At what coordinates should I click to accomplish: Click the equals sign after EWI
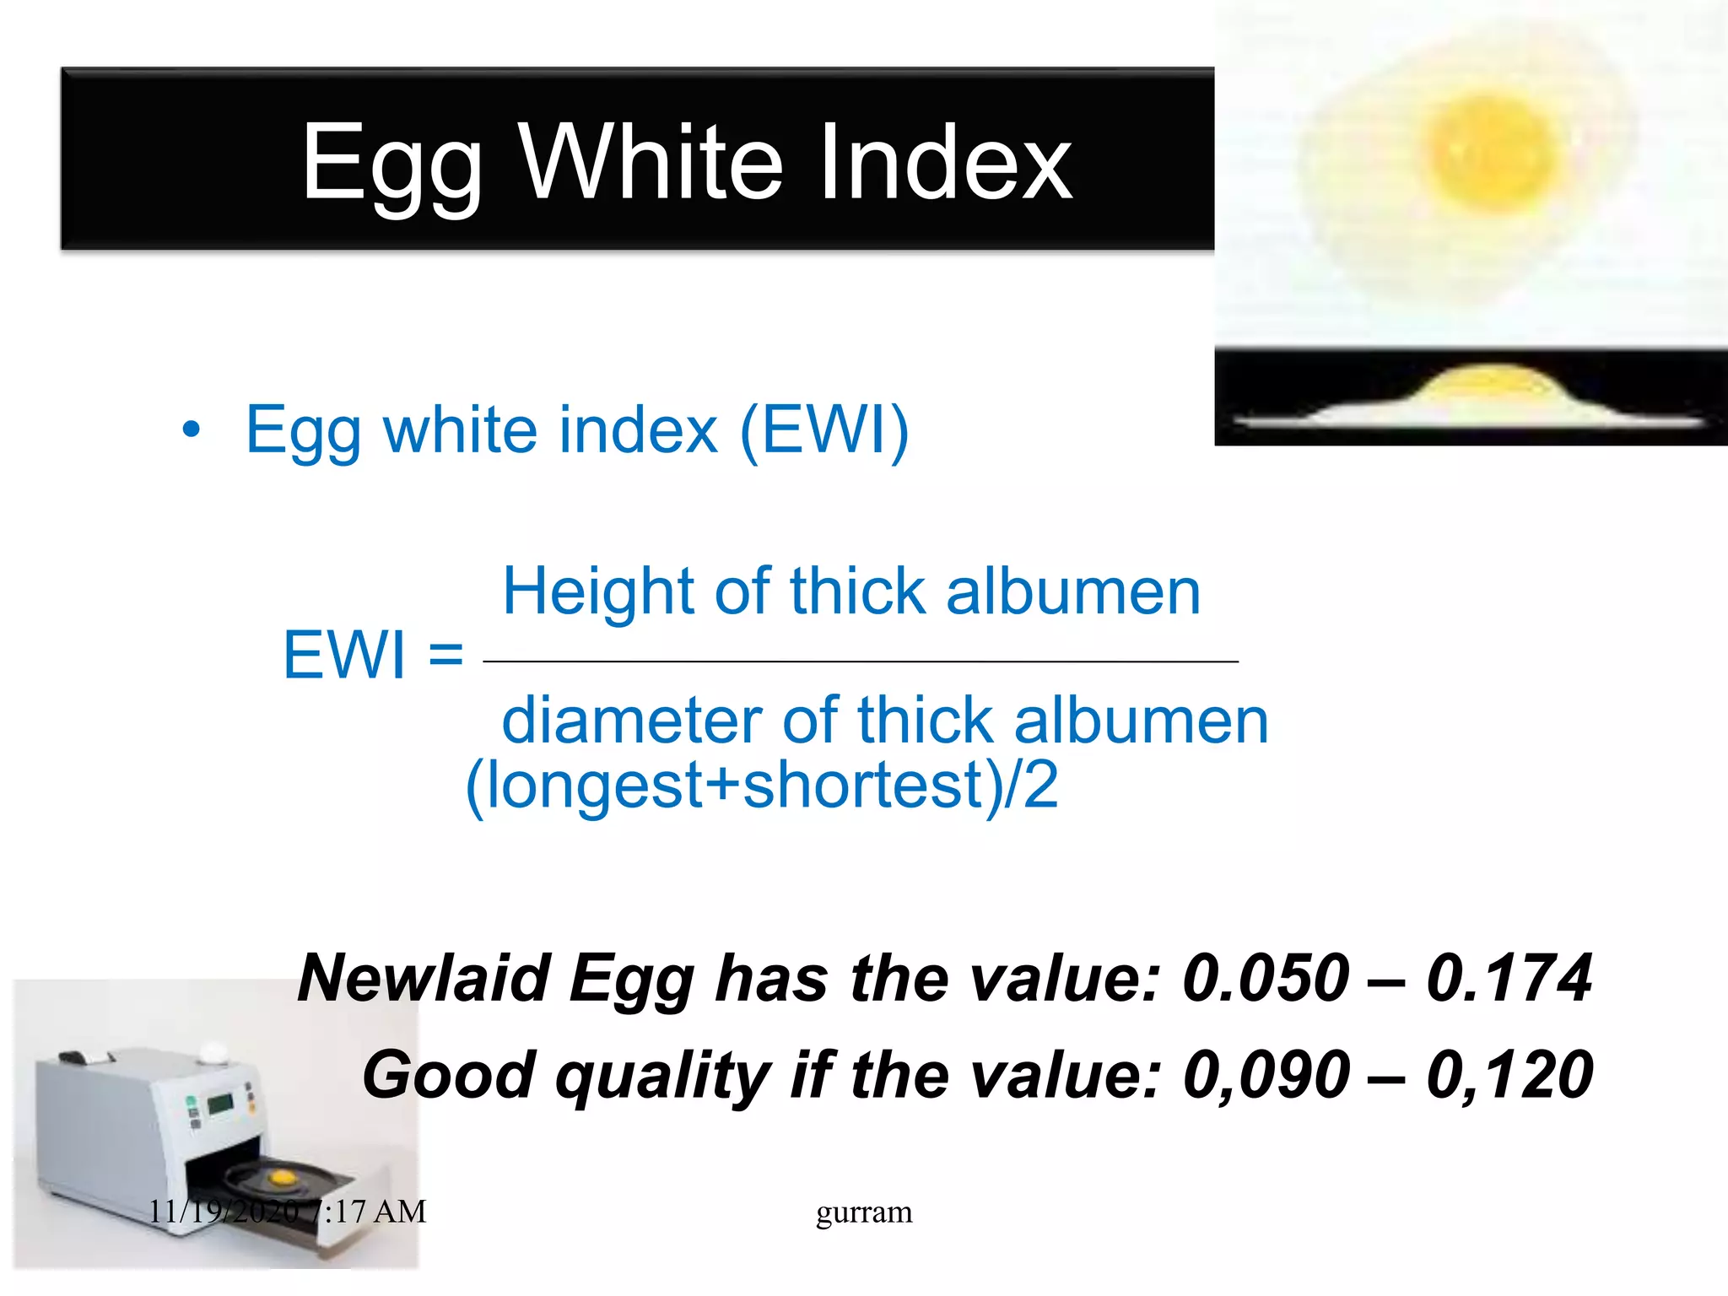(445, 654)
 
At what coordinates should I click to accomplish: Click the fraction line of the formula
(861, 661)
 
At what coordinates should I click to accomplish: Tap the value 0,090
(1266, 1076)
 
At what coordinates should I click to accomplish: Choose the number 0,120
(1509, 1076)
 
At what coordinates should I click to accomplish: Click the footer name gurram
(864, 1212)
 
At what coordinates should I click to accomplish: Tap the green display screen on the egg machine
(220, 1104)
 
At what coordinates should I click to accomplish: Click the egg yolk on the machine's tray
(281, 1176)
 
